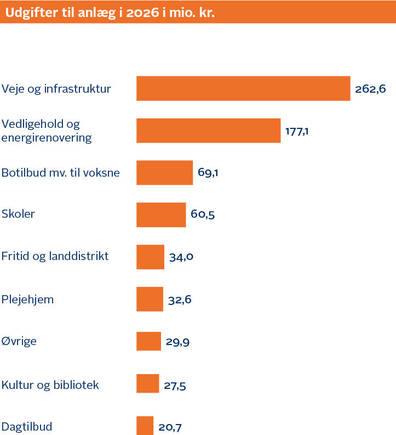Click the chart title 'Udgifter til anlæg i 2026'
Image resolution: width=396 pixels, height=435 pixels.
(110, 12)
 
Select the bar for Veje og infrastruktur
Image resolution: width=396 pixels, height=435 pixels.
(243, 88)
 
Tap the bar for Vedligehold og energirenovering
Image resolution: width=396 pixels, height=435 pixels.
(208, 131)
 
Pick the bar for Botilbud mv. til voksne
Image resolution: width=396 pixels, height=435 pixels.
(164, 173)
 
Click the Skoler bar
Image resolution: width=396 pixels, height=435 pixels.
(161, 214)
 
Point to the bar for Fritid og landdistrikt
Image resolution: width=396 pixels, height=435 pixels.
(150, 257)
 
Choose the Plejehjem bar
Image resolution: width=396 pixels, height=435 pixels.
(150, 300)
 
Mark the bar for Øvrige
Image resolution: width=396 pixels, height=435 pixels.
(148, 341)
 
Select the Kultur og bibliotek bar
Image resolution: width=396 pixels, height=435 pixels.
(147, 383)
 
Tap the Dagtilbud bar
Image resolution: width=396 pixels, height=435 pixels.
(145, 426)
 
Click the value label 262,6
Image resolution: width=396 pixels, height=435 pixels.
(370, 89)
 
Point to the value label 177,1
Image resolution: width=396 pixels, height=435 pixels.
(297, 131)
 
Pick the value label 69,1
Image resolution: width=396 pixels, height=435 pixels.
(209, 173)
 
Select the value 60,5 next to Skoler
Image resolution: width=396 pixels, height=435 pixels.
(202, 215)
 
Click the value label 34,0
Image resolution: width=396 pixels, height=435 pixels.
(181, 257)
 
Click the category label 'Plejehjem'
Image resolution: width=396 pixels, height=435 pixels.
(27, 300)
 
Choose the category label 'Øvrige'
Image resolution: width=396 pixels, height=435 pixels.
(19, 341)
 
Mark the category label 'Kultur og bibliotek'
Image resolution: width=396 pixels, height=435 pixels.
(50, 385)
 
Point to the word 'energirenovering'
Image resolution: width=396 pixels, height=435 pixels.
(47, 138)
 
